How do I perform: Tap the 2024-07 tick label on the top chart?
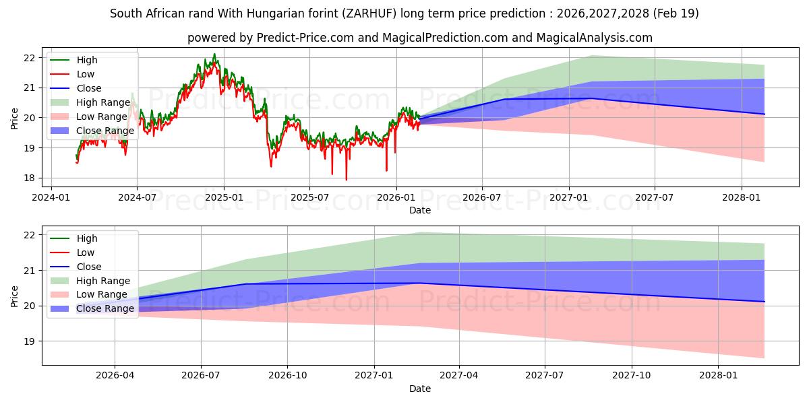[x=137, y=197]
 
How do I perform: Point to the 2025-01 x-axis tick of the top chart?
[x=224, y=197]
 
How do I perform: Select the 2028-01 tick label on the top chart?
[x=742, y=197]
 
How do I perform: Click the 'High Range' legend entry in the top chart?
[x=103, y=102]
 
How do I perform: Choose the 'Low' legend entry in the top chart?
[x=86, y=74]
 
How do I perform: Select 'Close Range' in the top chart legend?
[x=104, y=131]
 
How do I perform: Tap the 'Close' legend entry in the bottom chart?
[x=88, y=267]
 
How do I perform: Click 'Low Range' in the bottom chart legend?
[x=102, y=295]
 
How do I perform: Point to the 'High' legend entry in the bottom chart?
[x=87, y=238]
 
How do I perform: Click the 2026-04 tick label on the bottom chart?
[x=115, y=376]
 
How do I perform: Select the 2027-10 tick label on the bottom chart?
[x=632, y=376]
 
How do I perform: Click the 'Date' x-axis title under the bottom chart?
[x=420, y=389]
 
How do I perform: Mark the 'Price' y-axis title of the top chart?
[x=15, y=119]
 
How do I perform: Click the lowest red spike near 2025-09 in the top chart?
[x=347, y=179]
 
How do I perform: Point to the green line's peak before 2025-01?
[x=214, y=55]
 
